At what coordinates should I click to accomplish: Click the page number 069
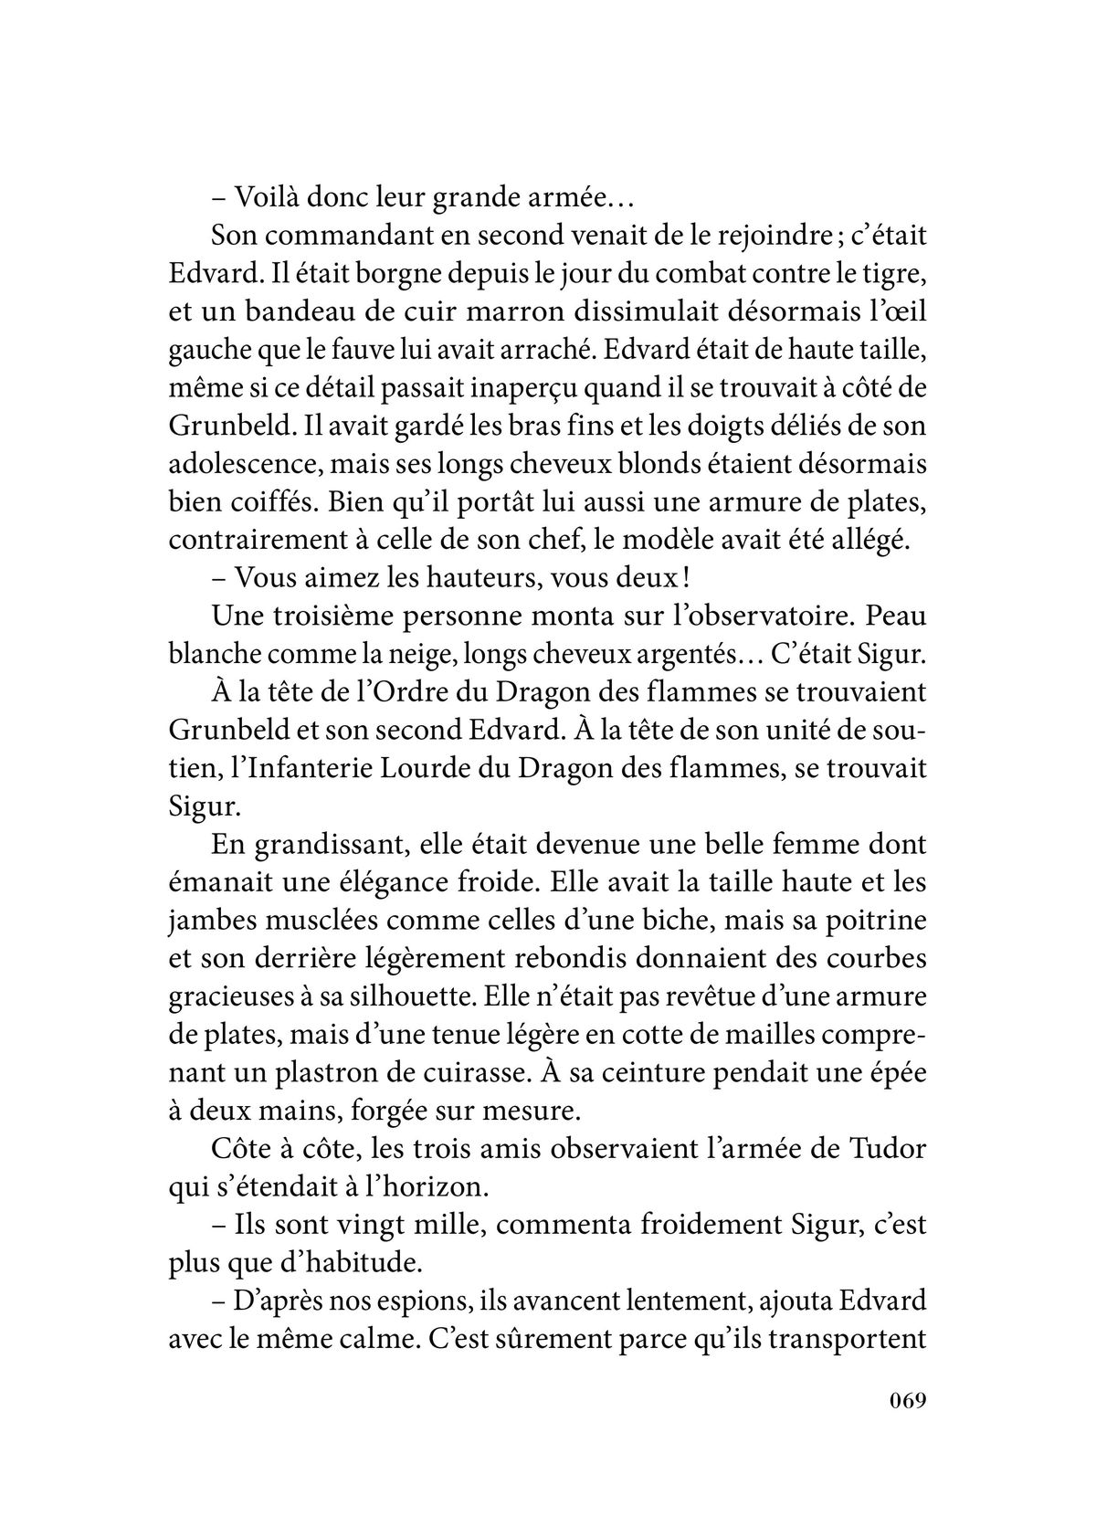pos(904,1426)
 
